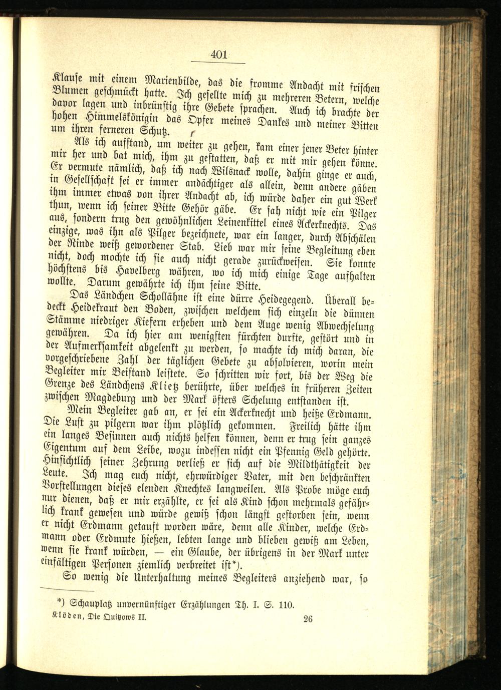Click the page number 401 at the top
[x=219, y=55]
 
